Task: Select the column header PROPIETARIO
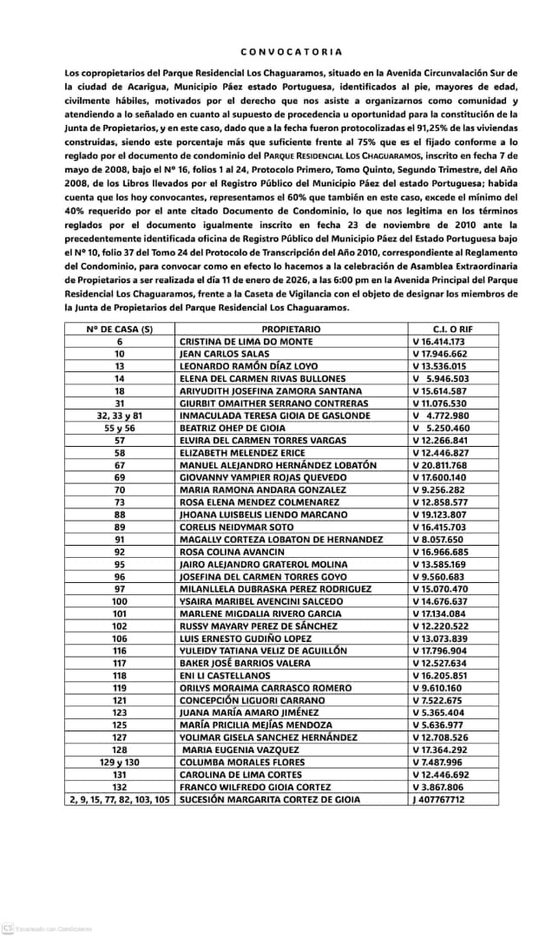[291, 330]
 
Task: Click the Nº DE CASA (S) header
[120, 330]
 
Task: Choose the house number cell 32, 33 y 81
[120, 416]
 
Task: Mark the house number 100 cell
[120, 600]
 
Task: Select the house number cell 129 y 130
[120, 761]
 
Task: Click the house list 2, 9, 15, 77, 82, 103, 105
[120, 798]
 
